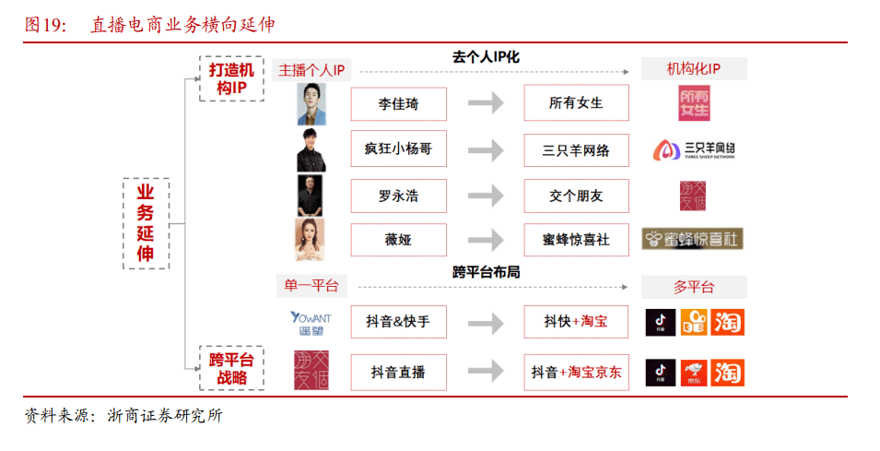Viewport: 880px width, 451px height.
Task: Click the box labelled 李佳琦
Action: point(398,103)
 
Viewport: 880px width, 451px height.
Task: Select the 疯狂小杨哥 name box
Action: point(398,149)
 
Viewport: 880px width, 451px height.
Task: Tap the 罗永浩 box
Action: point(398,196)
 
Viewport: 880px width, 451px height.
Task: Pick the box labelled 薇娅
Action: point(398,240)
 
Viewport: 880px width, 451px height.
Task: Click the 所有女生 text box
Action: point(576,103)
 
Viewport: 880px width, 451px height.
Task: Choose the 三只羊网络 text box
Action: point(576,149)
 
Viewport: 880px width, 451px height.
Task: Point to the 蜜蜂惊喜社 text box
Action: point(576,240)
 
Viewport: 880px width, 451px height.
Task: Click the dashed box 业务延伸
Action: point(146,222)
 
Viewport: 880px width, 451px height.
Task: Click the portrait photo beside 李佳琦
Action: point(311,104)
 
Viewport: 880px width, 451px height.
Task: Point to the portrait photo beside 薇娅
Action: point(311,240)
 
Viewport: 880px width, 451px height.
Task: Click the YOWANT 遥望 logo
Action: point(311,323)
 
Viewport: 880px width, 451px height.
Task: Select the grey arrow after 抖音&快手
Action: point(486,323)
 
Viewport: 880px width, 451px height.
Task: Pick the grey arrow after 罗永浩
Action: point(486,196)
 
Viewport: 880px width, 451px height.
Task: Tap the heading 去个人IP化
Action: point(487,57)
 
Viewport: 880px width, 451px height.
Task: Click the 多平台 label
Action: point(694,287)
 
